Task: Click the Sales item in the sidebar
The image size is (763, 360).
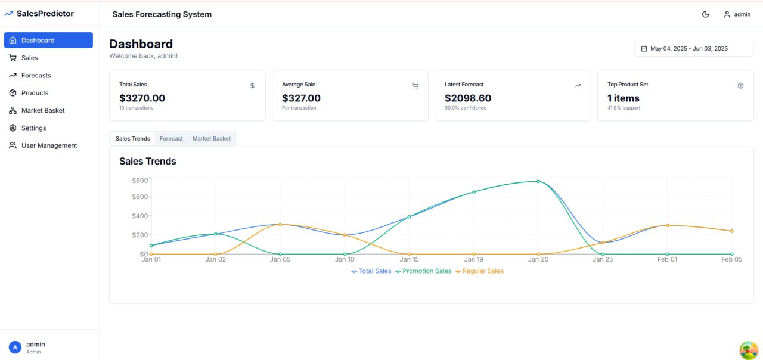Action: pos(29,58)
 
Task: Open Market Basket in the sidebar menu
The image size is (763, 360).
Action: pos(43,110)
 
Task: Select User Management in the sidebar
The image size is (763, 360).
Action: pos(49,145)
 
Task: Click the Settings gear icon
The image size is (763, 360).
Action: pos(13,128)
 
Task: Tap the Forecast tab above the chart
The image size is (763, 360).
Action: pos(171,139)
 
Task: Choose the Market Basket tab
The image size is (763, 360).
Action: pos(211,139)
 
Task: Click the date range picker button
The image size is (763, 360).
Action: pos(694,48)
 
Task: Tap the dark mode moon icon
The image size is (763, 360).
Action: pos(706,14)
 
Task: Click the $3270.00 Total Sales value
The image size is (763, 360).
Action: pos(142,98)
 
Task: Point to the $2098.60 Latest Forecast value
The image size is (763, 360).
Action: pos(468,98)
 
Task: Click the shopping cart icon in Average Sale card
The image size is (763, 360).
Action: pos(415,86)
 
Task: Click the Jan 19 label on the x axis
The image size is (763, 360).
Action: pos(474,260)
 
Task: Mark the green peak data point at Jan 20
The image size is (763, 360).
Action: pos(538,181)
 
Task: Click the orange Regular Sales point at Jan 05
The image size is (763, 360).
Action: pos(280,224)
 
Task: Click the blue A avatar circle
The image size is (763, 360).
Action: pos(15,347)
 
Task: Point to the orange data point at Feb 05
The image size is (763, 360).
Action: pos(731,231)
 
